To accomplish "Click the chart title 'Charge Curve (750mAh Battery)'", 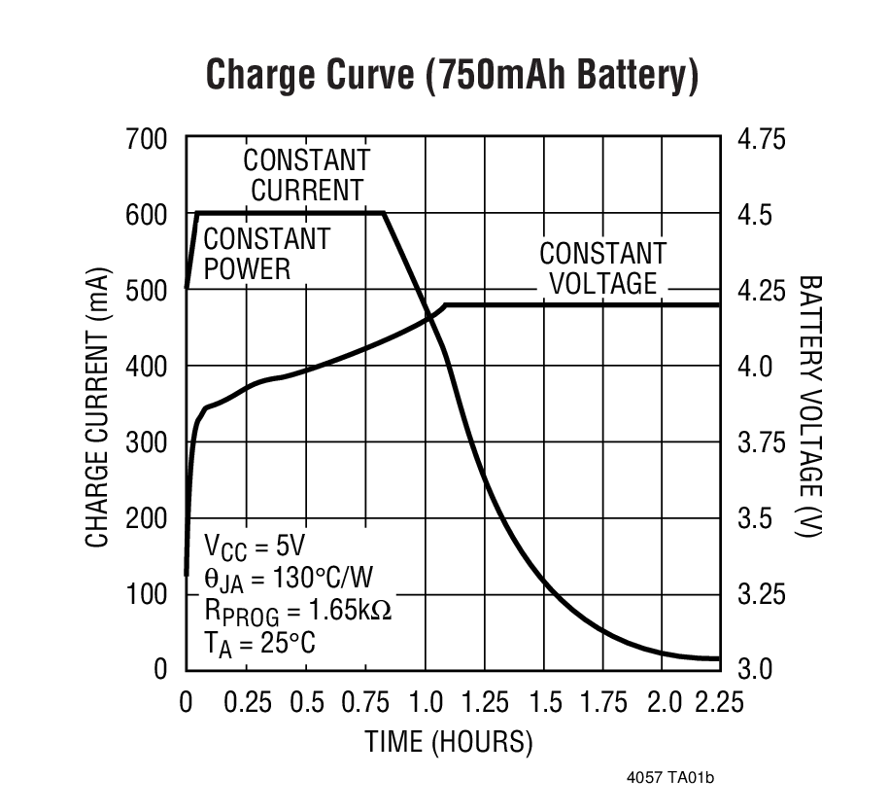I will [452, 75].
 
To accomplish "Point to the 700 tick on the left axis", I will [147, 139].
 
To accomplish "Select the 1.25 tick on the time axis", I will [484, 702].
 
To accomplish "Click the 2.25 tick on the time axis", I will [721, 702].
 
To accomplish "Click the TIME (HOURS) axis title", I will [449, 743].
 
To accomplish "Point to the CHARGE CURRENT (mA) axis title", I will [96, 408].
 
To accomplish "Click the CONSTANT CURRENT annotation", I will [306, 174].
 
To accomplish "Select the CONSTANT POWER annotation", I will [266, 253].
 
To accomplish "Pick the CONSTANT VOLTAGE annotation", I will [602, 268].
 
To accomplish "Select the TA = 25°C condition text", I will [258, 643].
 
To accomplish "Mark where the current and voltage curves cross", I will [428, 316].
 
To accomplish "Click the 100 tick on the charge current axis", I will [147, 593].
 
